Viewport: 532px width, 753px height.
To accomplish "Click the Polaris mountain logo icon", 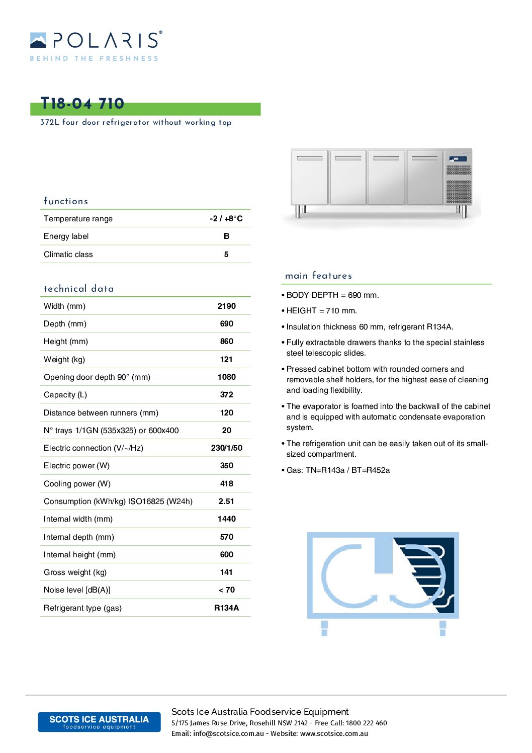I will [38, 40].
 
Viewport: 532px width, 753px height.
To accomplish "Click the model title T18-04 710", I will [82, 104].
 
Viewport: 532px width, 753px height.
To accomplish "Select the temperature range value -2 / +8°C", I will [226, 218].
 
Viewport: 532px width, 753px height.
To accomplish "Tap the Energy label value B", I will [226, 236].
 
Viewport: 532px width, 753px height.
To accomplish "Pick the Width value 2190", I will [226, 306].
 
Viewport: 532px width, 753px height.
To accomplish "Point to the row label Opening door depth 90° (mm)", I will [97, 377].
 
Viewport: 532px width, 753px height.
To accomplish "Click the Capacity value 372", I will [226, 395].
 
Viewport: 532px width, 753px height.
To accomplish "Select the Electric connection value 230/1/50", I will [226, 448].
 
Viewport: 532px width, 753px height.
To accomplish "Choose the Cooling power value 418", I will [226, 483].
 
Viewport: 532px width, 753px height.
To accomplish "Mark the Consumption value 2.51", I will [226, 501].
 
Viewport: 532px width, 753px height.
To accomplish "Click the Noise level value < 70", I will [226, 590].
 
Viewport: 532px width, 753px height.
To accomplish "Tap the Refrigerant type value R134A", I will [226, 608].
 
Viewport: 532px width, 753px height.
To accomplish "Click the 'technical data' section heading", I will [79, 289].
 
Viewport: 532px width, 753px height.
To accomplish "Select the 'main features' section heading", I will [318, 276].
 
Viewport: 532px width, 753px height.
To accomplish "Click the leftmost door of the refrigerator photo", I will [309, 177].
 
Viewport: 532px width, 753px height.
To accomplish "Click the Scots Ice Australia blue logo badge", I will [99, 722].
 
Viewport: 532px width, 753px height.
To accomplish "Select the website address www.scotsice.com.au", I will [334, 733].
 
